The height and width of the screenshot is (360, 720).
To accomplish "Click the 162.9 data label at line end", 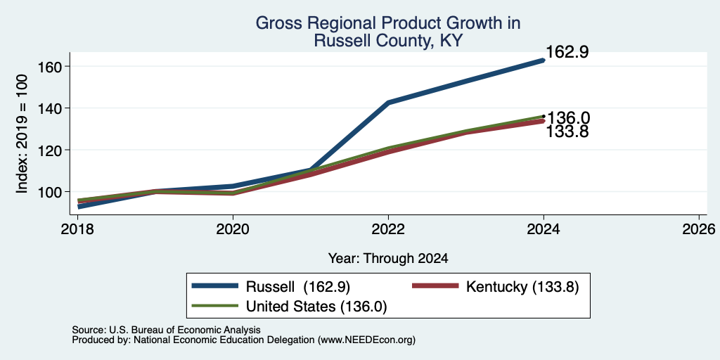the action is coord(567,52).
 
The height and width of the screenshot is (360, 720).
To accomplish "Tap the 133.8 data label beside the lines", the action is coord(567,131).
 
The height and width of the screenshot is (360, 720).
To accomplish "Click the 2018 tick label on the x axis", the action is coord(78,229).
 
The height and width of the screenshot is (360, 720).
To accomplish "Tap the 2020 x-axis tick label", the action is coord(233,229).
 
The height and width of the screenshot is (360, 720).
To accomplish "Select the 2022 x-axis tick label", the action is coord(388,229).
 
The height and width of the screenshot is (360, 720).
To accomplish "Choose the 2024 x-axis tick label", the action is coord(544,229).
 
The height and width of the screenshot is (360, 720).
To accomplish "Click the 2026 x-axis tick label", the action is coord(699,229).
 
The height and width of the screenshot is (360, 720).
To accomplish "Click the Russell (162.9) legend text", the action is coord(298,287).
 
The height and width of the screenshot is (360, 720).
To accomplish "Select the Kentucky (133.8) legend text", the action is coord(522,287).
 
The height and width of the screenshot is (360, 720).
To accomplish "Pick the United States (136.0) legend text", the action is coord(316,307).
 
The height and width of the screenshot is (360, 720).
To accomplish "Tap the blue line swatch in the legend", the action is coord(215,286).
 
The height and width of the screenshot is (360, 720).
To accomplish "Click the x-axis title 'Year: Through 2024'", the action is coord(388,259).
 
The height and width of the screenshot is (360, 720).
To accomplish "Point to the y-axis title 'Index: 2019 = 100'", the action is coord(22,134).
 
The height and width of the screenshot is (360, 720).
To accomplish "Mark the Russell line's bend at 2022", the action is coord(388,103).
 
